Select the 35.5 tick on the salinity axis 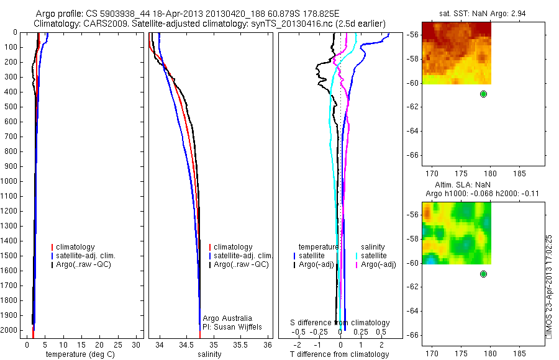pos(240,344)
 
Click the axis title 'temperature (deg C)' pos(78,354)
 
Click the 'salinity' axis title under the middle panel pos(209,354)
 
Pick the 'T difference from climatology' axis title pos(340,354)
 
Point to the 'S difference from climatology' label pos(340,323)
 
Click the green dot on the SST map pos(483,94)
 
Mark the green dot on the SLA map pos(483,274)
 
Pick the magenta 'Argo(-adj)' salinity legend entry pos(379,265)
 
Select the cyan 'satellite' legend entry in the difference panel pos(374,256)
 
